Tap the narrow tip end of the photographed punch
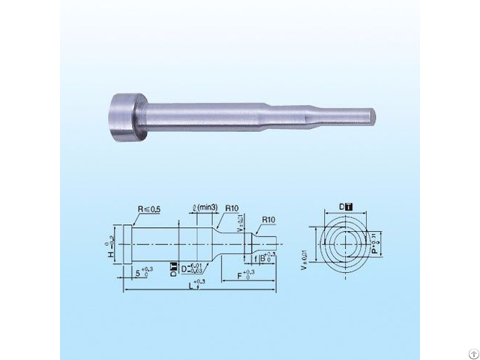[372, 117]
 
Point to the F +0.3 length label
[241, 276]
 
